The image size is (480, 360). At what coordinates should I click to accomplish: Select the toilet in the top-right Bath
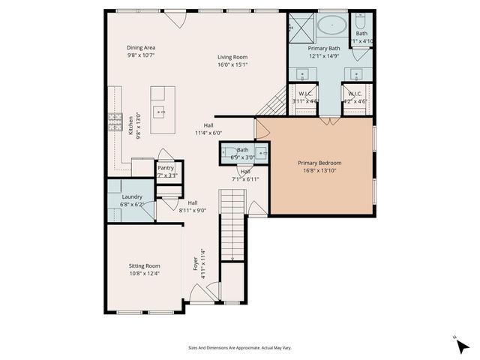pyautogui.click(x=361, y=20)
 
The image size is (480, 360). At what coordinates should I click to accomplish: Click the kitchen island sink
pyautogui.click(x=160, y=112)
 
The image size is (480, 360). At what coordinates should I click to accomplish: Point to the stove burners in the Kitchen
pyautogui.click(x=115, y=121)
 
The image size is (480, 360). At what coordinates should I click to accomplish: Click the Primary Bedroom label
pyautogui.click(x=319, y=163)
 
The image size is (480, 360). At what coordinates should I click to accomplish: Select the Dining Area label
pyautogui.click(x=140, y=47)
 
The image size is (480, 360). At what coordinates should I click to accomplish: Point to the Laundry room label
pyautogui.click(x=131, y=197)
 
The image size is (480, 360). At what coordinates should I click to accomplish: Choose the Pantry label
pyautogui.click(x=166, y=168)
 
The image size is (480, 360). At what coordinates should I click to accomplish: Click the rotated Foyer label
pyautogui.click(x=196, y=264)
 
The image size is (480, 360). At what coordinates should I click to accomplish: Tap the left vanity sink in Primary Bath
pyautogui.click(x=302, y=73)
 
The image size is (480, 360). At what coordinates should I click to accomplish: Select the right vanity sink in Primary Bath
pyautogui.click(x=353, y=73)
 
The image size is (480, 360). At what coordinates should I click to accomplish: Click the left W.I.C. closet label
pyautogui.click(x=304, y=94)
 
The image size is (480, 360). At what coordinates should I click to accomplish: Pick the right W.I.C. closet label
pyautogui.click(x=355, y=94)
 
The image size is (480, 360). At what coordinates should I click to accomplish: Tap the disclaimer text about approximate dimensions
pyautogui.click(x=239, y=347)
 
